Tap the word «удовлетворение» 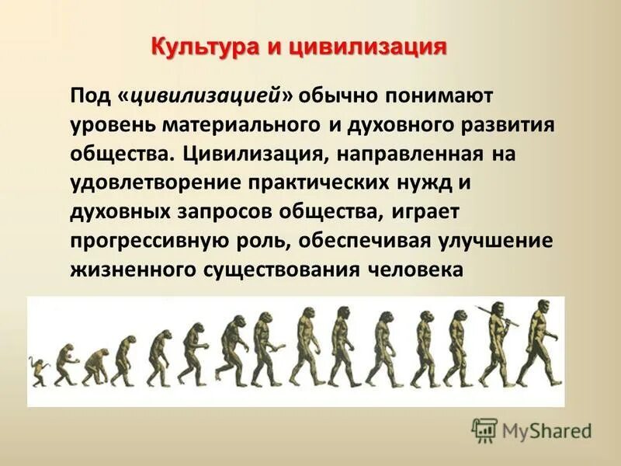[x=152, y=183]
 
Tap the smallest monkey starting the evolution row [x=36, y=371]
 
